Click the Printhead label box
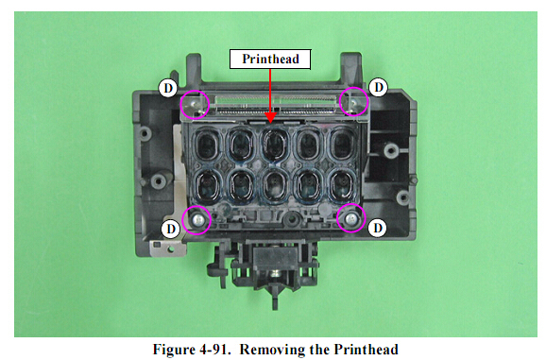pyautogui.click(x=270, y=59)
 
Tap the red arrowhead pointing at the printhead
pyautogui.click(x=270, y=118)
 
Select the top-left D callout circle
pyautogui.click(x=168, y=88)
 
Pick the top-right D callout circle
pyautogui.click(x=378, y=87)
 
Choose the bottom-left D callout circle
pyautogui.click(x=171, y=229)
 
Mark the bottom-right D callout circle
pyautogui.click(x=378, y=228)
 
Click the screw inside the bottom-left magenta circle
pyautogui.click(x=197, y=220)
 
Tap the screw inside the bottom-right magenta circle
pyautogui.click(x=351, y=218)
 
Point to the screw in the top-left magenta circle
pyautogui.click(x=195, y=103)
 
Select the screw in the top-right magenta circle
pyautogui.click(x=353, y=102)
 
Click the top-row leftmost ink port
pyautogui.click(x=208, y=145)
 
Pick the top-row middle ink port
pyautogui.click(x=275, y=145)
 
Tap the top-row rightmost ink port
pyautogui.click(x=342, y=144)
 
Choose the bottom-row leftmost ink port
pyautogui.click(x=208, y=184)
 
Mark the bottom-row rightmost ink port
pyautogui.click(x=342, y=184)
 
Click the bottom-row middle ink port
pyautogui.click(x=275, y=185)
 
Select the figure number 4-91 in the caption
pyautogui.click(x=213, y=350)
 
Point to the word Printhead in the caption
pyautogui.click(x=366, y=350)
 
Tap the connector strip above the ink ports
pyautogui.click(x=275, y=106)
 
